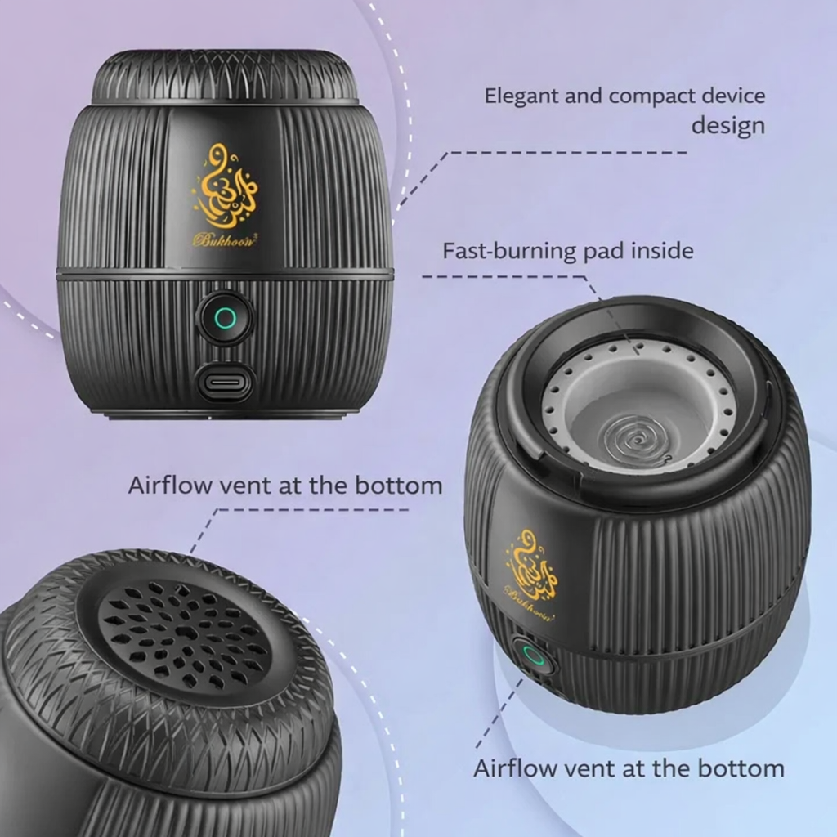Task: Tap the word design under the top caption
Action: (728, 127)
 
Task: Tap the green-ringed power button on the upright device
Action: (226, 318)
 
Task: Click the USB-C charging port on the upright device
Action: (224, 383)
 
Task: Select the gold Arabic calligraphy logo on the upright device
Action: (226, 186)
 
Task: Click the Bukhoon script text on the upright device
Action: (225, 239)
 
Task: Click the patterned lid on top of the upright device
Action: (225, 77)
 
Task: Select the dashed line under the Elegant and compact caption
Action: (542, 179)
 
